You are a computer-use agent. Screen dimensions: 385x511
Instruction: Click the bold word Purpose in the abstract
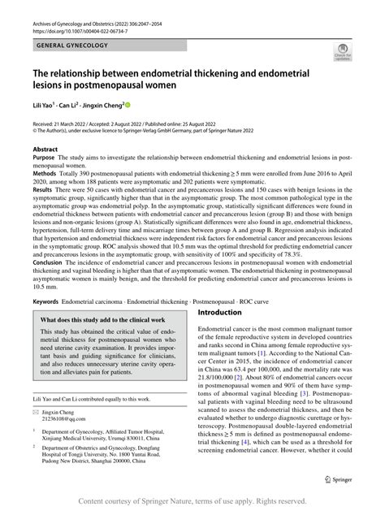pos(45,161)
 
